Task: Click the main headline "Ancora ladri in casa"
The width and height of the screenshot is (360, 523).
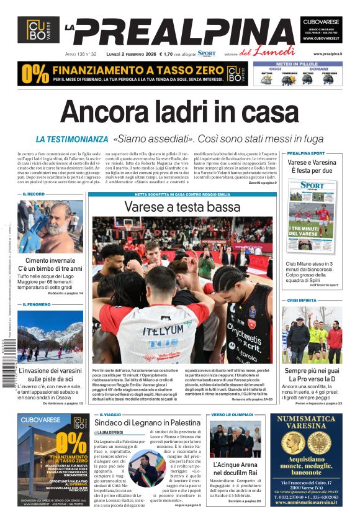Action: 179,112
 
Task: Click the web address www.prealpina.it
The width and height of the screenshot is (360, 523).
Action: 328,54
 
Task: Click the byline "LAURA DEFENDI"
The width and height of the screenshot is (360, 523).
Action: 110,432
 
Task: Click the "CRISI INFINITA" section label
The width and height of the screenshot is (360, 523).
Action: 301,300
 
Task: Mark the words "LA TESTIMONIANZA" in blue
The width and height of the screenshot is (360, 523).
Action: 72,140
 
